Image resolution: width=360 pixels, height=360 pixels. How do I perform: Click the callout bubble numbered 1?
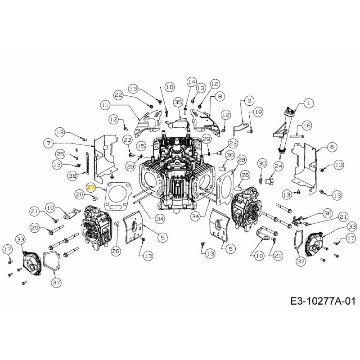309,103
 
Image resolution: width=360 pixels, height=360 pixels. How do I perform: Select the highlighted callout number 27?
91,187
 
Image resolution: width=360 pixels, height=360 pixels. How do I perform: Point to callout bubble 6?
332,146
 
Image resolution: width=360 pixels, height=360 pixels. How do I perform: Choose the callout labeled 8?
220,96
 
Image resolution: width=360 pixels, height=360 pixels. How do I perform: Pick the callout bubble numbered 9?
249,100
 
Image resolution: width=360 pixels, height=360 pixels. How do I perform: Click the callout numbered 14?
192,82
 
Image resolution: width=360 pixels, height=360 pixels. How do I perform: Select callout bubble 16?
306,125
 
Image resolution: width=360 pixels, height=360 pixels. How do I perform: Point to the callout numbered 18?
169,86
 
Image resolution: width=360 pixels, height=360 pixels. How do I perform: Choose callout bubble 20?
35,228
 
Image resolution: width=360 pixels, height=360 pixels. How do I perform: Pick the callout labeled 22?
118,95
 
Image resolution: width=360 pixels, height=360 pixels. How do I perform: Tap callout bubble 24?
279,166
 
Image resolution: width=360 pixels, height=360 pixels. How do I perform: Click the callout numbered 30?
262,163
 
